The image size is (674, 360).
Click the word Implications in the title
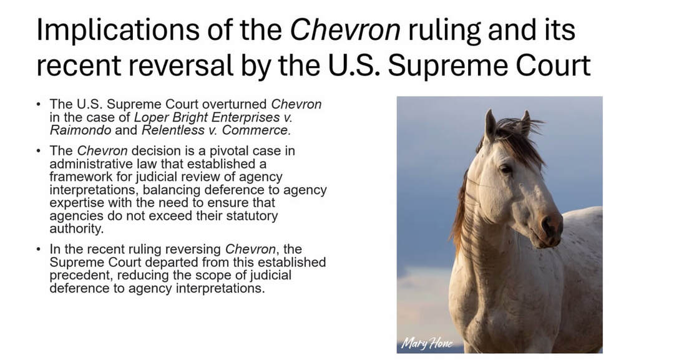point(118,30)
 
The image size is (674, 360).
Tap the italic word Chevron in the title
point(345,29)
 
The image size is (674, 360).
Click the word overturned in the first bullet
point(235,104)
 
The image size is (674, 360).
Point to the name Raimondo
point(81,130)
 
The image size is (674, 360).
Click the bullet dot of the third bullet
point(39,250)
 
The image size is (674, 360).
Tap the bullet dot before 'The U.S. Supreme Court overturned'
point(39,105)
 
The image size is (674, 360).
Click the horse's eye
point(506,169)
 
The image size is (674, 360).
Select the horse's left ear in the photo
point(490,125)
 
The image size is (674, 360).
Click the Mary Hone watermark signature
point(426,343)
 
